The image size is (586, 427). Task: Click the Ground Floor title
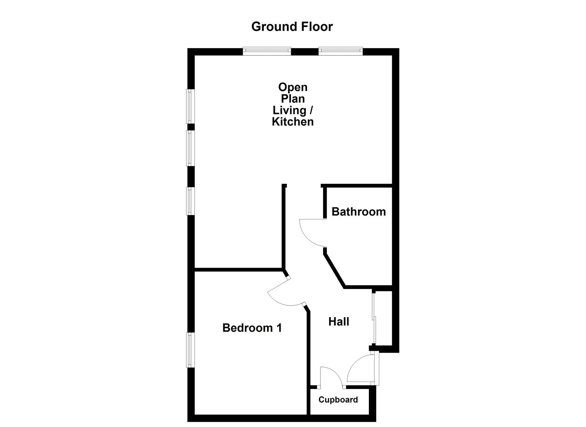292,26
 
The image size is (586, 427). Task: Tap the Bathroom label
358,212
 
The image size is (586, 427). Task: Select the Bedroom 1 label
252,328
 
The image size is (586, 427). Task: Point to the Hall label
339,322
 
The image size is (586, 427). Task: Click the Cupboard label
338,400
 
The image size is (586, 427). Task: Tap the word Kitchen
293,121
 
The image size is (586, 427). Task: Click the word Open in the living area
293,87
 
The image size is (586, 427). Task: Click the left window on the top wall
267,51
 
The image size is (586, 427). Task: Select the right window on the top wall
341,51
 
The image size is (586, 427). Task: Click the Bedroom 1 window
191,350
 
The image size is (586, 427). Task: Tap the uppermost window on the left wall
191,106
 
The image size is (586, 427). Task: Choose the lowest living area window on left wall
191,201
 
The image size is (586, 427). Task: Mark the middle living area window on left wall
191,148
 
